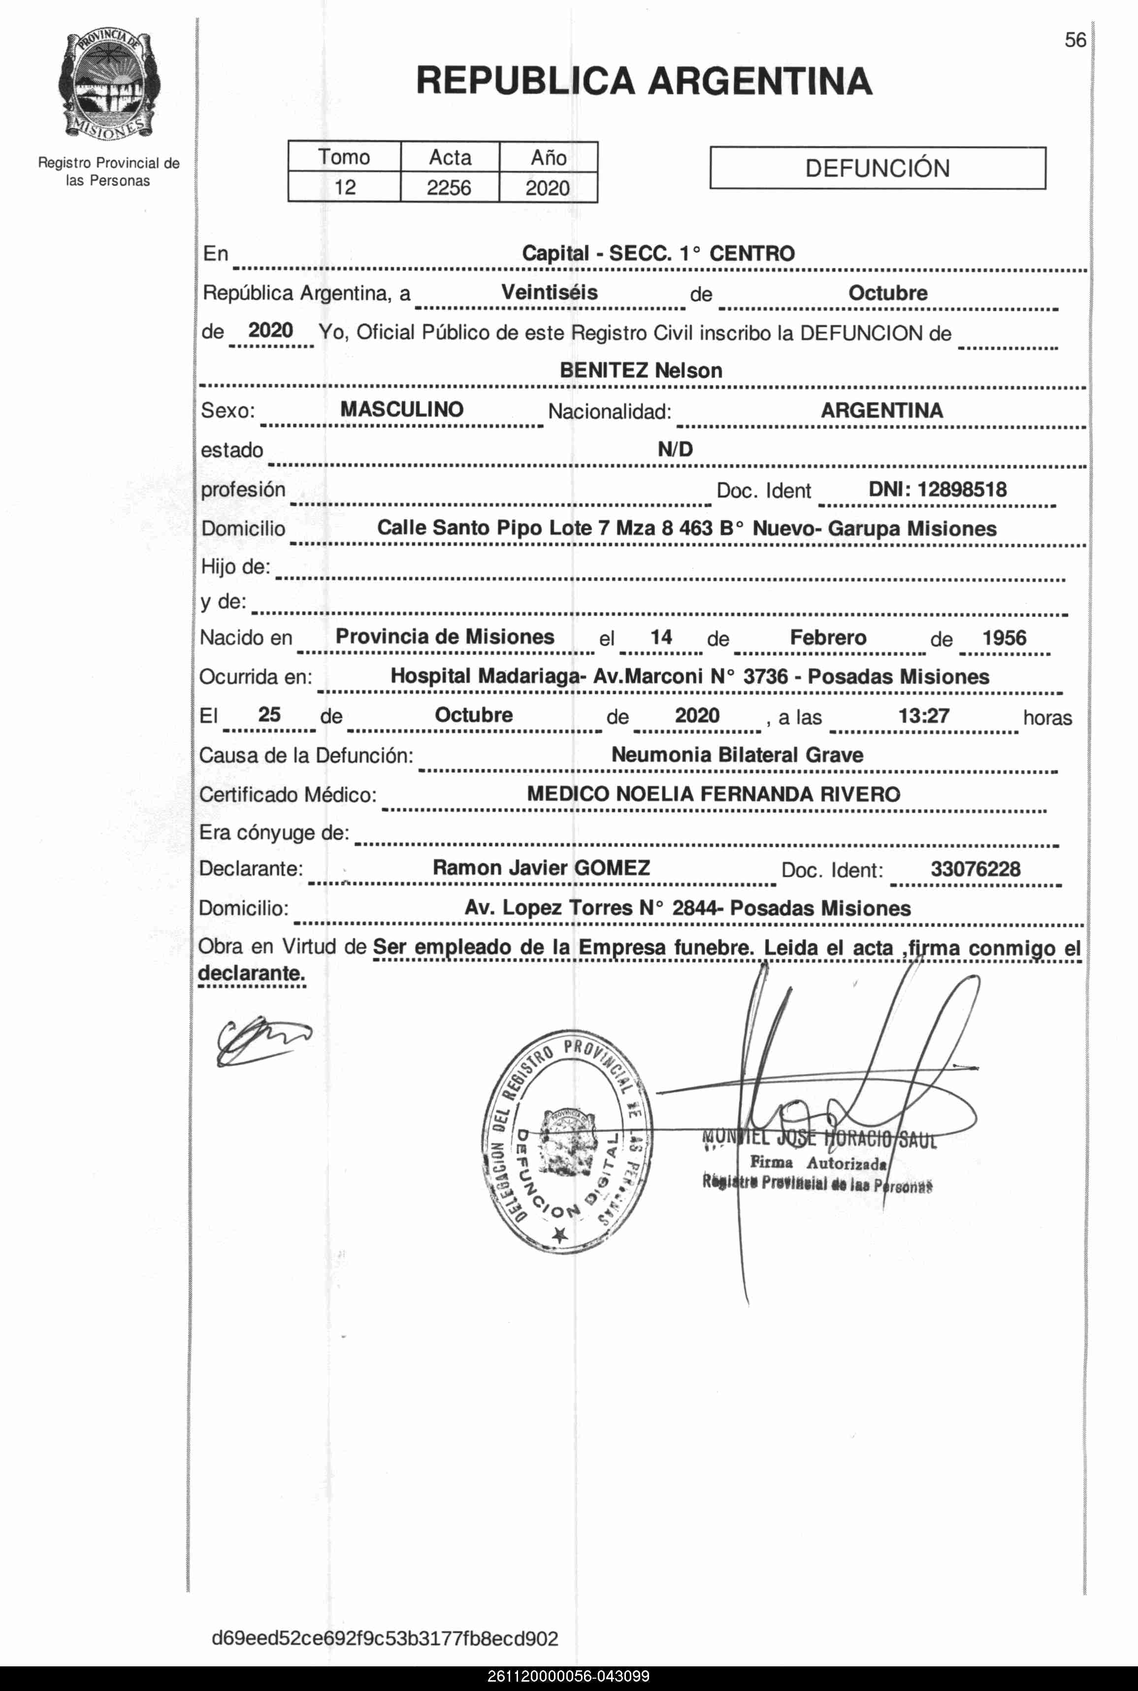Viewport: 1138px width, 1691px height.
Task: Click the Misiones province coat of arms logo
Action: point(109,86)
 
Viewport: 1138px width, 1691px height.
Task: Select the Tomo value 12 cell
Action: point(345,187)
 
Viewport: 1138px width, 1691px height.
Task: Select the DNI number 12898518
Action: point(962,489)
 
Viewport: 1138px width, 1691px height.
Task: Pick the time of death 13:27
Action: point(923,716)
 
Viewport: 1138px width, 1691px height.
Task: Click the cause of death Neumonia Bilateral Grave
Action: point(737,755)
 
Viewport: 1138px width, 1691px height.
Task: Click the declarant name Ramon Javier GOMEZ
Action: point(541,868)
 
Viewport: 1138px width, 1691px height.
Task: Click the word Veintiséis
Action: point(550,293)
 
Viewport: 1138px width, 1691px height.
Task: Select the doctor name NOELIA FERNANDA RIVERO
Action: point(758,794)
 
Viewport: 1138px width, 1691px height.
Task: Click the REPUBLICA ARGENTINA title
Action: point(644,81)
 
